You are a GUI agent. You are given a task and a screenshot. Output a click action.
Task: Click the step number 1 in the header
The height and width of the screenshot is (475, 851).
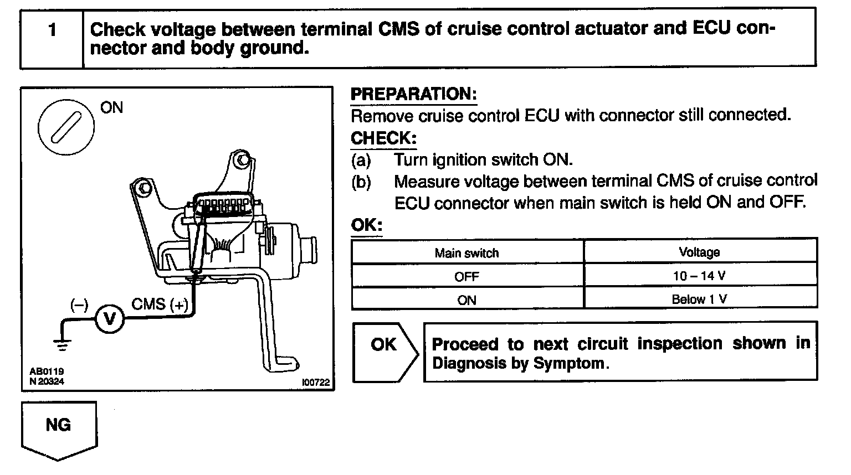click(53, 29)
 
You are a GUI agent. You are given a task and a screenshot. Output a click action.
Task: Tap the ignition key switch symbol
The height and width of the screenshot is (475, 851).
click(66, 128)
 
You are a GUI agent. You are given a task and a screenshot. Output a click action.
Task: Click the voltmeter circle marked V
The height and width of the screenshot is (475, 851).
click(109, 319)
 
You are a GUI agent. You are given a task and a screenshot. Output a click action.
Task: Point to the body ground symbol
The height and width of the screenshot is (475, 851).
click(63, 344)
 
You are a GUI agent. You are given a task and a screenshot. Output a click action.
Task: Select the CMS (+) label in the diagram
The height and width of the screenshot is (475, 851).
click(160, 304)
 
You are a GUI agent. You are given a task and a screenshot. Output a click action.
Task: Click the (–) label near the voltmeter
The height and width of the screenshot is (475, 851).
click(79, 304)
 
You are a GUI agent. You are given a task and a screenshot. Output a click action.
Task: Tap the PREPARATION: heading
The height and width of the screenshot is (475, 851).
click(413, 94)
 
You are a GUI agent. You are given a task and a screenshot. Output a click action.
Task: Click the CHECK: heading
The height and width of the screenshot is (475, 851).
click(383, 138)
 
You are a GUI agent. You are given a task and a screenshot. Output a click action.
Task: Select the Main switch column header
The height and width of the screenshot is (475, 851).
click(466, 253)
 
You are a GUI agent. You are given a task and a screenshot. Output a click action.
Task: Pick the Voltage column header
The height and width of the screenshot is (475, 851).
click(699, 252)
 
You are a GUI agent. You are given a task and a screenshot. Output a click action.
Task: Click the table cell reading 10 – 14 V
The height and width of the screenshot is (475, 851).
click(699, 276)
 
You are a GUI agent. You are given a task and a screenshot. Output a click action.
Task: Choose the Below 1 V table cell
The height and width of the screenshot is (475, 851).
click(699, 300)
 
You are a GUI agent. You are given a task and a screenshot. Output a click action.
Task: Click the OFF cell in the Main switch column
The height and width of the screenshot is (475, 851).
click(466, 276)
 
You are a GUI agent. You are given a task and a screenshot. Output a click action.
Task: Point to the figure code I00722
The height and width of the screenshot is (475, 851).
click(315, 382)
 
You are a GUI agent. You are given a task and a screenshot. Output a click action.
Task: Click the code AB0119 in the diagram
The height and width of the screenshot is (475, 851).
click(47, 372)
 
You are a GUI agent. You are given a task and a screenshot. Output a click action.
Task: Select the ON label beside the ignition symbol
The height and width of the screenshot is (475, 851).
click(112, 107)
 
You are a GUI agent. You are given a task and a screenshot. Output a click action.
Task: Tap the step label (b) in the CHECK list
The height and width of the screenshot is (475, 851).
click(361, 182)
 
